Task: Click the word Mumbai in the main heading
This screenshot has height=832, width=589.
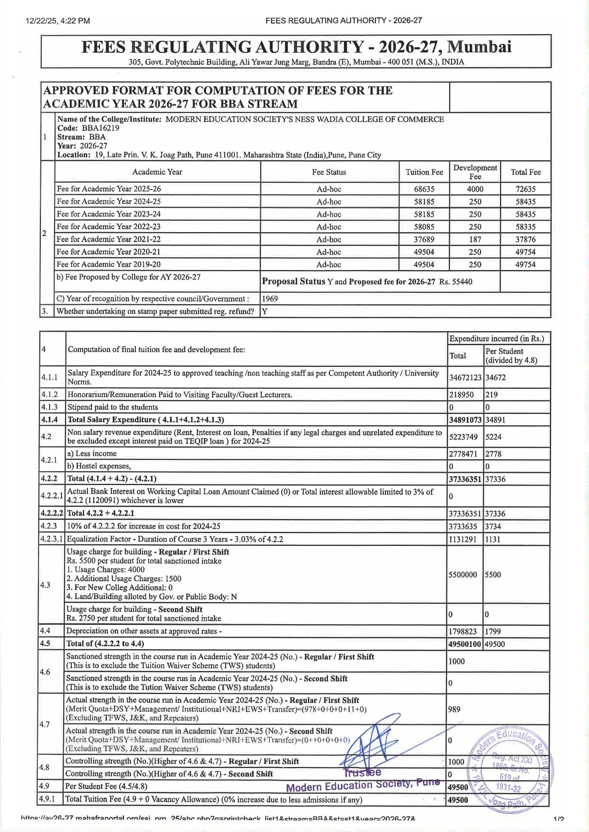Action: click(x=481, y=47)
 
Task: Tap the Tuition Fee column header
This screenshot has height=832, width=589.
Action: click(x=424, y=172)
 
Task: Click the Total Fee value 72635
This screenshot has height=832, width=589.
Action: click(x=525, y=189)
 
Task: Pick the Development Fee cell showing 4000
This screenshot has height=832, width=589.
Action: click(x=475, y=189)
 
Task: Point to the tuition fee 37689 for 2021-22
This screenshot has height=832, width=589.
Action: click(x=424, y=239)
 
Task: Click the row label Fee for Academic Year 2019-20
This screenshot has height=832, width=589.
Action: click(x=109, y=264)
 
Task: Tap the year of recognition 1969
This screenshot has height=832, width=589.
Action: click(x=270, y=299)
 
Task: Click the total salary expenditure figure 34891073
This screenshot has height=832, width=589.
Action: click(x=465, y=420)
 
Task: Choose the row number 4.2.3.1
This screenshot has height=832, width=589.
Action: click(x=52, y=539)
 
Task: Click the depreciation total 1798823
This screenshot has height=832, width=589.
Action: click(x=462, y=632)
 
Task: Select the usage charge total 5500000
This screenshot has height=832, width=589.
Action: click(x=463, y=575)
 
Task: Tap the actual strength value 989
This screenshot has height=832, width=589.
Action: click(x=454, y=710)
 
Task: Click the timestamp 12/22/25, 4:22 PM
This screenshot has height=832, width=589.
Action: click(x=58, y=21)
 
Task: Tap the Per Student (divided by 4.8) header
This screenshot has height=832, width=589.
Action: click(x=511, y=356)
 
